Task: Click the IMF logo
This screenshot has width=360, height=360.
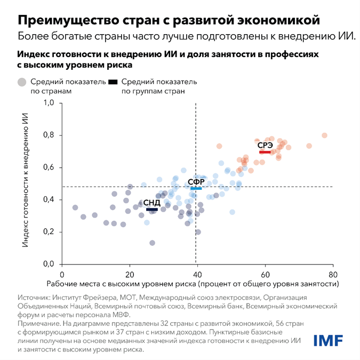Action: click(x=328, y=340)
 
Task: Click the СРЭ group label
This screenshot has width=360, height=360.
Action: click(x=265, y=145)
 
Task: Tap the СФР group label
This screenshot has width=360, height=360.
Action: click(x=196, y=182)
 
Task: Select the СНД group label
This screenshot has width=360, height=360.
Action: click(x=151, y=203)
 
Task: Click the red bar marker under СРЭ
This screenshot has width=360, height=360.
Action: click(x=265, y=152)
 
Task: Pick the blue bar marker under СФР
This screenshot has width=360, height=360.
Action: click(x=196, y=189)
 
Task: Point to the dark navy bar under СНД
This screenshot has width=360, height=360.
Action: click(x=151, y=210)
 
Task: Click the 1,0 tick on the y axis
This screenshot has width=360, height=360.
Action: click(x=49, y=103)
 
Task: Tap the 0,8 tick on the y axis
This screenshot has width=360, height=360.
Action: click(x=49, y=135)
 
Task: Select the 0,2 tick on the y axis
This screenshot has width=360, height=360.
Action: click(x=49, y=232)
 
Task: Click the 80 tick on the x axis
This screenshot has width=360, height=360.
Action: click(x=333, y=274)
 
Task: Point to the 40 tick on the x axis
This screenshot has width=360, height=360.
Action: click(x=197, y=274)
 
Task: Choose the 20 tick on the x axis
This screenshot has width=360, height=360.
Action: click(x=129, y=274)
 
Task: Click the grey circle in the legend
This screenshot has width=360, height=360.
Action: click(x=22, y=82)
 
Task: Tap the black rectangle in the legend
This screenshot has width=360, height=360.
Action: click(x=113, y=82)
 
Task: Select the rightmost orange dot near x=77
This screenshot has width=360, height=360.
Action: click(x=324, y=135)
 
